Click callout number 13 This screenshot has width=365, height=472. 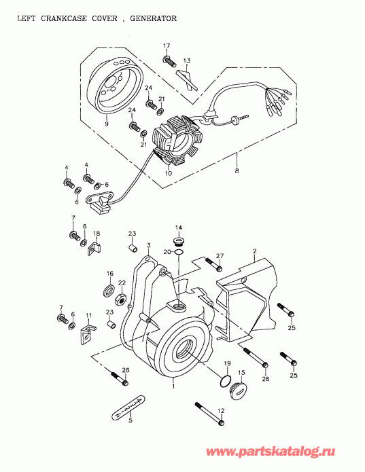click(187, 60)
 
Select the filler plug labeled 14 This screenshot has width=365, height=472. click(179, 240)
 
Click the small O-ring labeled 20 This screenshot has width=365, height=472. click(178, 253)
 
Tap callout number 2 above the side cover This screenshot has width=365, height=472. click(254, 251)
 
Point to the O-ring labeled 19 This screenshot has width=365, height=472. click(224, 380)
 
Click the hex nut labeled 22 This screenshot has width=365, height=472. click(121, 297)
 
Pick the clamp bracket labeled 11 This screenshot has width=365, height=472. click(86, 333)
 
